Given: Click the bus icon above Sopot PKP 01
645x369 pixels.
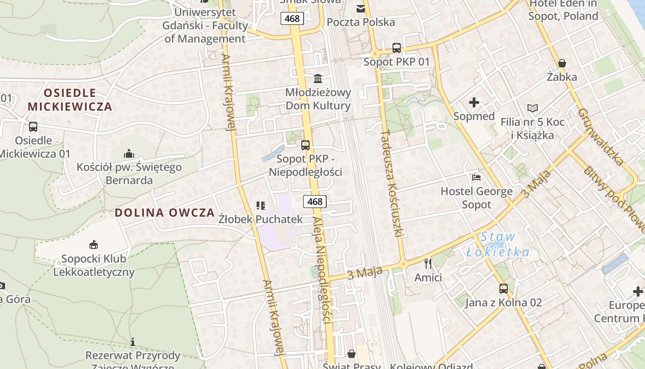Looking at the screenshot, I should tap(396, 48).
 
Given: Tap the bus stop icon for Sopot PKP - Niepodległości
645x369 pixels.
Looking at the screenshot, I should tap(305, 145).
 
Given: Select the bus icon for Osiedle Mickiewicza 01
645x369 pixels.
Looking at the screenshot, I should tap(33, 127).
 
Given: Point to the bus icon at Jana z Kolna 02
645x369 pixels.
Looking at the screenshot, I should tap(503, 289).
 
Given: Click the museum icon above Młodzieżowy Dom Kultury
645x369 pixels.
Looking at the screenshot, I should tap(317, 78).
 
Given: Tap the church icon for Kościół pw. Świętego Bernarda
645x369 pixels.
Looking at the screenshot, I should tap(129, 154).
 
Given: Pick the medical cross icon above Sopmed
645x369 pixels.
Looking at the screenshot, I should tap(474, 102).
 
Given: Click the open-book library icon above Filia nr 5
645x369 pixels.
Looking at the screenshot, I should tap(532, 108).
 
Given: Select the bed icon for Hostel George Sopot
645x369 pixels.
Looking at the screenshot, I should tap(476, 178).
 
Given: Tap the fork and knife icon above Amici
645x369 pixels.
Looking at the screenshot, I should tap(428, 264).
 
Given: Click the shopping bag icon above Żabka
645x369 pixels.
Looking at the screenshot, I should tap(562, 63).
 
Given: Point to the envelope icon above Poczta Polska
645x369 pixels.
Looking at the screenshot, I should tap(360, 8).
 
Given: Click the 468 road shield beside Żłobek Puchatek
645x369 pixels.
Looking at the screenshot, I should tap(315, 202).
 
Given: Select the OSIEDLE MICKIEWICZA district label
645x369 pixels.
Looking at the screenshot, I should tap(70, 100).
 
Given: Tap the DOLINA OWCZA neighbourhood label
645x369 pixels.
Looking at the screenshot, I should tap(164, 213).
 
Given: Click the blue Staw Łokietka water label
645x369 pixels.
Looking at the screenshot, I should tap(498, 244).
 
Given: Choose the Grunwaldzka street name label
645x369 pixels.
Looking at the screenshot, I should tap(600, 137).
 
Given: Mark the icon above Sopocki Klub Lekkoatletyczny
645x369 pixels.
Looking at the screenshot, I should tap(94, 244).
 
